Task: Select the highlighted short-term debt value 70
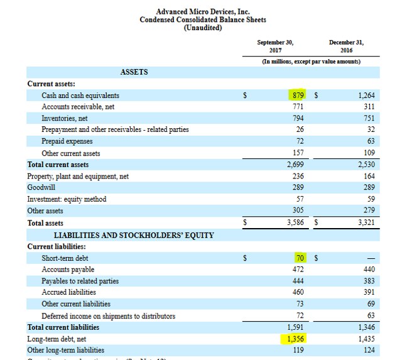tap(299, 258)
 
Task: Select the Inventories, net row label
tap(64, 118)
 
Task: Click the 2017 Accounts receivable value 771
tap(298, 107)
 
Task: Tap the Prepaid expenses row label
tap(67, 141)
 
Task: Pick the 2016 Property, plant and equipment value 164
tap(368, 177)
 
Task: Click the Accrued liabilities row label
tap(68, 292)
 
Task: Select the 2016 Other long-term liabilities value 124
tap(368, 350)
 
